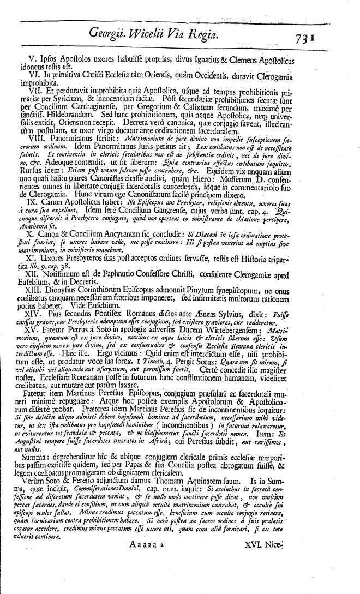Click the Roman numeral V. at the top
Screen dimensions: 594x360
pyautogui.click(x=36, y=58)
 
